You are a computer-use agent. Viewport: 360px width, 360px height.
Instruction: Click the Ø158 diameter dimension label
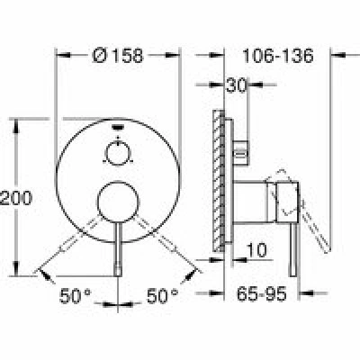(x=118, y=56)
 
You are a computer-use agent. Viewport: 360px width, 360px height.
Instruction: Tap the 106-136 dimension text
(x=277, y=56)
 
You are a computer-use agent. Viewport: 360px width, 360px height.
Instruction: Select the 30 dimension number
(x=236, y=85)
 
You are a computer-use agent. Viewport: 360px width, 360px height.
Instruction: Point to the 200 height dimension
(x=16, y=198)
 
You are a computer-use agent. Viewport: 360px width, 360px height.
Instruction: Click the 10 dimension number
(x=256, y=250)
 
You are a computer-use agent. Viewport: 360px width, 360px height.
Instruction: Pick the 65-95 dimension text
(x=261, y=294)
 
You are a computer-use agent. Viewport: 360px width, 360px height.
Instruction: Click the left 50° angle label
(x=75, y=296)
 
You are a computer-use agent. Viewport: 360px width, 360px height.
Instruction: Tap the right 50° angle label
(x=162, y=296)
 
